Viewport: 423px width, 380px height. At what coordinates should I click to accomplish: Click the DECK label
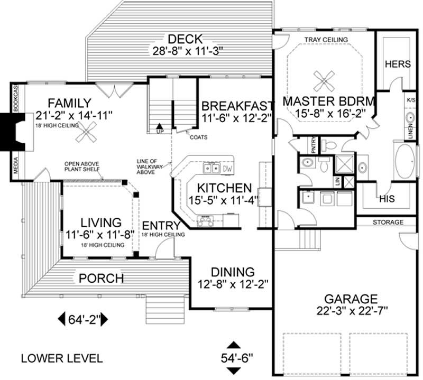(185, 40)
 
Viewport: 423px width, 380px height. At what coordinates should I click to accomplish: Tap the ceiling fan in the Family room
(86, 132)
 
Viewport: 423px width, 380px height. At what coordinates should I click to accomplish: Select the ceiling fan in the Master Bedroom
(324, 81)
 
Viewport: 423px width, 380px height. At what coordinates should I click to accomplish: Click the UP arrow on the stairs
(160, 126)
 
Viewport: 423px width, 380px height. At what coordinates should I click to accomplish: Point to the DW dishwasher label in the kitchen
(227, 169)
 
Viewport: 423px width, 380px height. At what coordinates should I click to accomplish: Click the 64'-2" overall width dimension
(83, 320)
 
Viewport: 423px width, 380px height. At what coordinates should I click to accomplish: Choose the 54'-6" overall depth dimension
(234, 358)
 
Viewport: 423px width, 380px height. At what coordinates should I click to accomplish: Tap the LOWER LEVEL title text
(62, 358)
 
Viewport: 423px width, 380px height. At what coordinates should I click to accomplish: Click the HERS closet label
(398, 64)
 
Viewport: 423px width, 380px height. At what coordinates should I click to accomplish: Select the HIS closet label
(387, 199)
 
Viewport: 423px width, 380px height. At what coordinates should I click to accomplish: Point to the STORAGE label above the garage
(388, 222)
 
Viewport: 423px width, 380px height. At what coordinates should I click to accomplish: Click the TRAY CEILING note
(326, 40)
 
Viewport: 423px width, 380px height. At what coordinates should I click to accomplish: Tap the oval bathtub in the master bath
(404, 161)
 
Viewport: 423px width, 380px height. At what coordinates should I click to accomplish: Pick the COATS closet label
(199, 137)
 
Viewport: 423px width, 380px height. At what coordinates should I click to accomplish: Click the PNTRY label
(313, 145)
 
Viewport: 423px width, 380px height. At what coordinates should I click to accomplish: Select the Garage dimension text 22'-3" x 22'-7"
(352, 311)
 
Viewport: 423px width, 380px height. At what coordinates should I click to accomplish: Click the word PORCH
(102, 279)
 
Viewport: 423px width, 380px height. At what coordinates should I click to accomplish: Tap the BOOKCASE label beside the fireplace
(15, 98)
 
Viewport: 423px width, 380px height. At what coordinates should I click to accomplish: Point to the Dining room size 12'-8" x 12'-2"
(233, 284)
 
